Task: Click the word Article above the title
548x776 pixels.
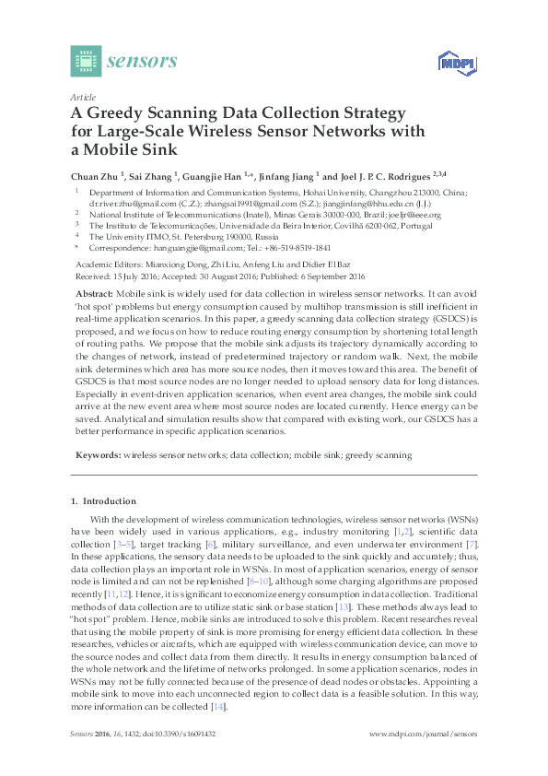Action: click(83, 96)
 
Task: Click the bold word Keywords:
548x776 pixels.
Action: click(97, 454)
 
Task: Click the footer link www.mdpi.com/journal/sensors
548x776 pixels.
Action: click(423, 734)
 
